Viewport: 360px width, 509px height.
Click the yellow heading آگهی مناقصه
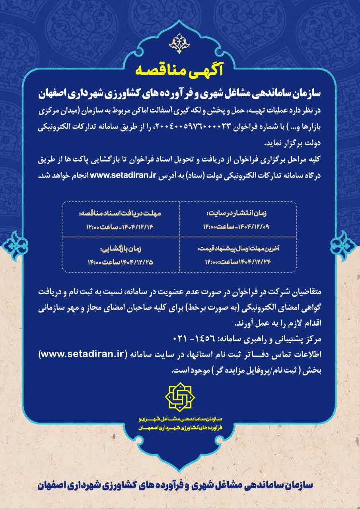(180, 70)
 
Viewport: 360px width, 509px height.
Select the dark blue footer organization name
(180, 486)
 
